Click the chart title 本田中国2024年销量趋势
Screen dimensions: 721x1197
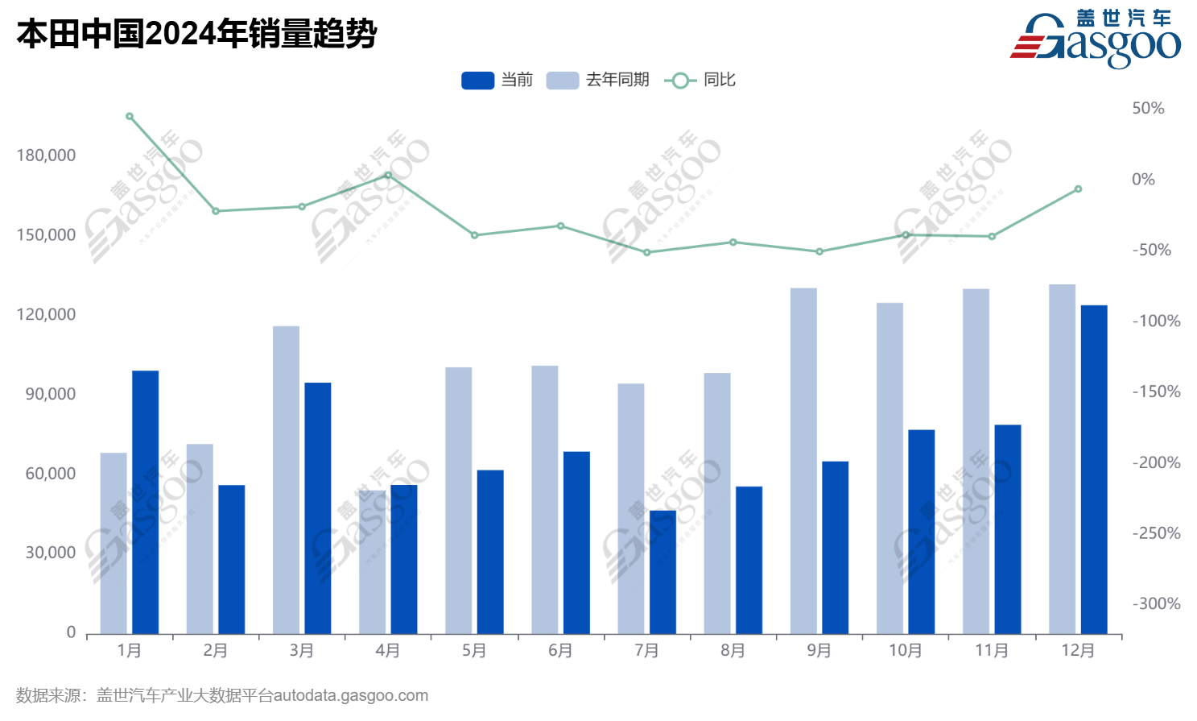tap(196, 34)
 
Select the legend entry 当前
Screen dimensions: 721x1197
tap(497, 80)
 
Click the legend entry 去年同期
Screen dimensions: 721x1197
tap(598, 80)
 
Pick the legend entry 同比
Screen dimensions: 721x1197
tap(700, 80)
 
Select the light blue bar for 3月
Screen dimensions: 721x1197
tap(286, 480)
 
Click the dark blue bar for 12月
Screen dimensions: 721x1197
tap(1094, 470)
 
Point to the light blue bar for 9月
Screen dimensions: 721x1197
tap(803, 461)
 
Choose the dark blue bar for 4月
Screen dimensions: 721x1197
tap(404, 559)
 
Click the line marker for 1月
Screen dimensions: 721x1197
tap(130, 117)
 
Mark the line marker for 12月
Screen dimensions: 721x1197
tap(1078, 189)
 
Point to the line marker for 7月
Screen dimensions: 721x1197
tap(646, 252)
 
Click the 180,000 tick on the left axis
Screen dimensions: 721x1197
tap(46, 155)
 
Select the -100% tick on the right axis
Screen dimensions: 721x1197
tap(1156, 321)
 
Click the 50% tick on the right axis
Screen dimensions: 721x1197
tap(1148, 108)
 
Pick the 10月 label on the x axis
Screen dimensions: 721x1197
tap(905, 650)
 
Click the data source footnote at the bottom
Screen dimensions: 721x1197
tap(222, 695)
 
